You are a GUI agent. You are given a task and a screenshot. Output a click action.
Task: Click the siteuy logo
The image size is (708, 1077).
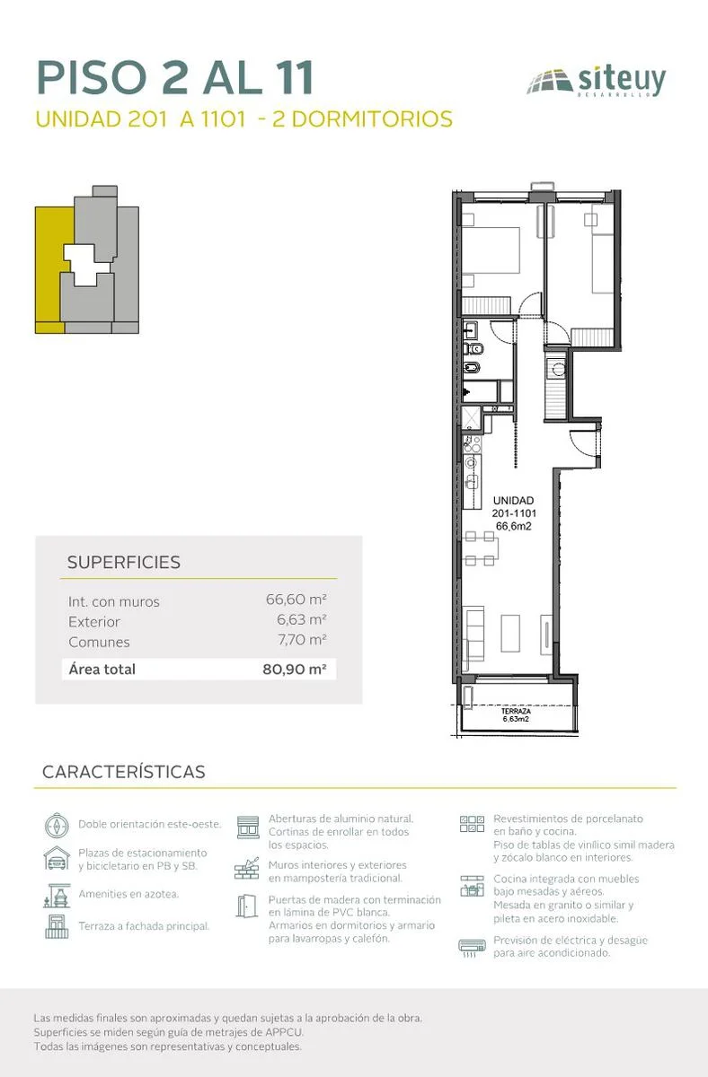(x=597, y=82)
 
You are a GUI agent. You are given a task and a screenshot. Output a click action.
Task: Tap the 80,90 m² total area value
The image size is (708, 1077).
(x=295, y=669)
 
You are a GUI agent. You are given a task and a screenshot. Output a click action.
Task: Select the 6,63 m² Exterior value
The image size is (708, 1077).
(x=302, y=619)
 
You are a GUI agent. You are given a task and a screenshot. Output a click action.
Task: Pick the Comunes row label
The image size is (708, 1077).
(x=99, y=642)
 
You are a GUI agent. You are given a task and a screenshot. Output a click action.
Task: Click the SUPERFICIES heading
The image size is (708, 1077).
(x=124, y=562)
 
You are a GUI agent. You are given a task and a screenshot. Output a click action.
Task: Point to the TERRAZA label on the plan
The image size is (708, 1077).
(x=516, y=711)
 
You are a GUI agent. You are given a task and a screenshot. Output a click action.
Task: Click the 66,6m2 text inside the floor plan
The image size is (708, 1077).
(x=514, y=526)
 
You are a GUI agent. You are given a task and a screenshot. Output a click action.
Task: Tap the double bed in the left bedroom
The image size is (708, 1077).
(x=491, y=250)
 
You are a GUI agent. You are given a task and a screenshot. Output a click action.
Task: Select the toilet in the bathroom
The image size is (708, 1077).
(x=470, y=348)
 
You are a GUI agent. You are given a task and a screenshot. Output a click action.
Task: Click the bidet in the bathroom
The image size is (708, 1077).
(x=470, y=368)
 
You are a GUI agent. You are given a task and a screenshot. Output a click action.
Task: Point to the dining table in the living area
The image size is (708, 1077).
(x=481, y=548)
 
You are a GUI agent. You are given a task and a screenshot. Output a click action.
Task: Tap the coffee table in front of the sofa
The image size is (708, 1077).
(x=510, y=633)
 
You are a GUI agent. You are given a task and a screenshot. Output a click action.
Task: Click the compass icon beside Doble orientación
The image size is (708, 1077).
(x=57, y=826)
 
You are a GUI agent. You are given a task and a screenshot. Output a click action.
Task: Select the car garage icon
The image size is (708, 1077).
(x=57, y=859)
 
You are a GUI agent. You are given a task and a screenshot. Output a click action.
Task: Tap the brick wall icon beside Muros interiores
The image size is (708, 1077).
(x=247, y=869)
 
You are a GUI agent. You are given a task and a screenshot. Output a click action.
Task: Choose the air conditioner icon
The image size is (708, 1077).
(x=472, y=947)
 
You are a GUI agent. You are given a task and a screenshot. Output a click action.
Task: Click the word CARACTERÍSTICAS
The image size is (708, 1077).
(x=124, y=772)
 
